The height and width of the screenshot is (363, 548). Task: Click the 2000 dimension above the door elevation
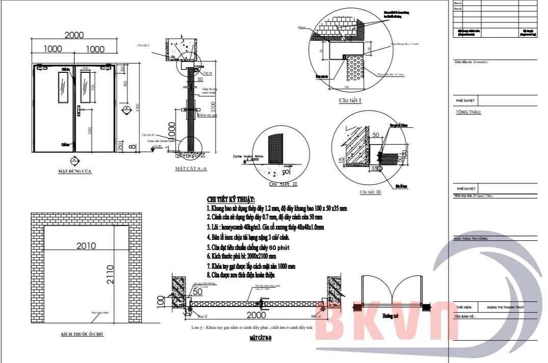point(74,35)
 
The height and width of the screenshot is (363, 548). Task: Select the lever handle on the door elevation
point(79,108)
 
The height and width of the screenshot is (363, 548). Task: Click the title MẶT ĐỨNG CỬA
point(74,172)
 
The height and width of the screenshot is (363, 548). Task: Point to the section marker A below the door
point(74,159)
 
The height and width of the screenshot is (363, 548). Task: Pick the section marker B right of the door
point(125,108)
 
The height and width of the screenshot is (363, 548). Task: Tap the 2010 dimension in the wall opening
point(86,246)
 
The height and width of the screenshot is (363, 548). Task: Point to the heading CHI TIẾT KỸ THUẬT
point(231,199)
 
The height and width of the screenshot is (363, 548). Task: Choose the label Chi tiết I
point(350,100)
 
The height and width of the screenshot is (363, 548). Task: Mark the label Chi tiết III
point(370,192)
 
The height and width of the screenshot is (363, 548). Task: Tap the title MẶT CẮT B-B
point(260,338)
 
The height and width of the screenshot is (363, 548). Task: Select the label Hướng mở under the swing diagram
point(390,316)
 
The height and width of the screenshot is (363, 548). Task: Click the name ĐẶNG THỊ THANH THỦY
point(505,308)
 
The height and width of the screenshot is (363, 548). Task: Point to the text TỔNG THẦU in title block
point(468,112)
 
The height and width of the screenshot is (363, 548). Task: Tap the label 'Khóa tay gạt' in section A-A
point(207,116)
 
